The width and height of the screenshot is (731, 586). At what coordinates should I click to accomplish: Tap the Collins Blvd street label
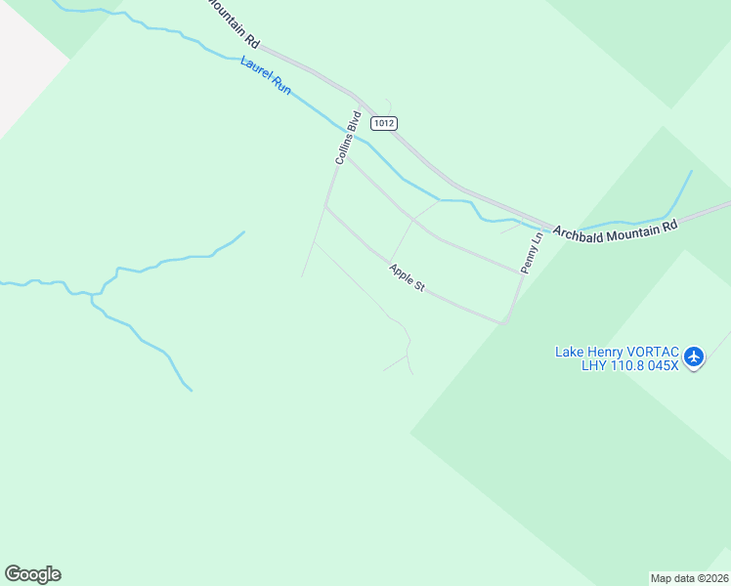pyautogui.click(x=348, y=138)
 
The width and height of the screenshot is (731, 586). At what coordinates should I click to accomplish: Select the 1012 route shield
pyautogui.click(x=385, y=123)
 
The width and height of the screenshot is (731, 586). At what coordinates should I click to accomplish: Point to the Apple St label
pyautogui.click(x=408, y=277)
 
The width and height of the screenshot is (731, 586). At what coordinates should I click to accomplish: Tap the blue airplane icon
pyautogui.click(x=694, y=356)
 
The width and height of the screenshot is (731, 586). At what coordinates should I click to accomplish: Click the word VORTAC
pyautogui.click(x=645, y=352)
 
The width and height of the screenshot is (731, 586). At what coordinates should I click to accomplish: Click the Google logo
pyautogui.click(x=32, y=574)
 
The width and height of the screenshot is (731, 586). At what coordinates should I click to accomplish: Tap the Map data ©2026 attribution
pyautogui.click(x=690, y=577)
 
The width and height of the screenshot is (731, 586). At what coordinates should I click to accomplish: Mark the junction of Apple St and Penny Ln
pyautogui.click(x=505, y=321)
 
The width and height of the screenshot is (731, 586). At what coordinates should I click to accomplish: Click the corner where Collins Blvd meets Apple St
pyautogui.click(x=326, y=207)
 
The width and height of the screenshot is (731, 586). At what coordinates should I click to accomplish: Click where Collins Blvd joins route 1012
pyautogui.click(x=358, y=101)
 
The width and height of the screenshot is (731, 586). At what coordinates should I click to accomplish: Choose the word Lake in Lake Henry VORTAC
pyautogui.click(x=569, y=352)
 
